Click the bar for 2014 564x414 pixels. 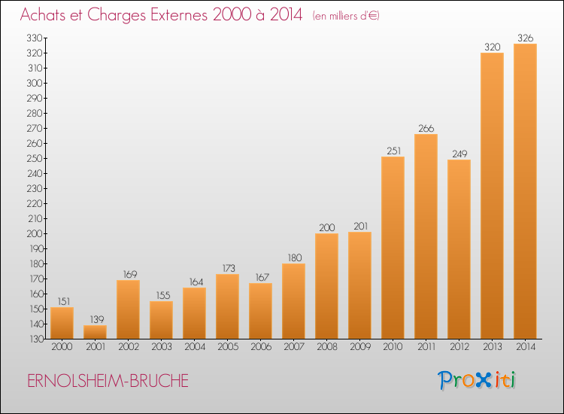click(525, 191)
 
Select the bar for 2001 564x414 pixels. click(95, 332)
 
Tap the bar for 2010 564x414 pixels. click(393, 248)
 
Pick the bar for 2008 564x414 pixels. click(326, 286)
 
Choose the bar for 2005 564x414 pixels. click(227, 306)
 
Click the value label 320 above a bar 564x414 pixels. click(492, 47)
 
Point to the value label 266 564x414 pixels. click(426, 128)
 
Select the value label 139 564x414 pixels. click(95, 319)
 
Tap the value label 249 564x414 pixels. click(459, 154)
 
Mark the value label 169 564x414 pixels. click(128, 274)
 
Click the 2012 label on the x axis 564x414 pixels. click(459, 347)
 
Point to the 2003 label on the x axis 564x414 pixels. click(161, 347)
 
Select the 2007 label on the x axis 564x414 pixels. click(293, 347)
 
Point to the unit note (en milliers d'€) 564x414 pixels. click(346, 16)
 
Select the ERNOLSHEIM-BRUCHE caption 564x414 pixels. click(108, 381)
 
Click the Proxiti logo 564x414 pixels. click(478, 380)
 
